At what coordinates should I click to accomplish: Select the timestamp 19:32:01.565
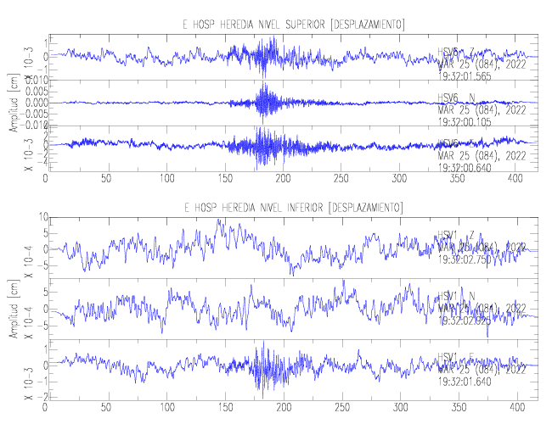[x=465, y=75]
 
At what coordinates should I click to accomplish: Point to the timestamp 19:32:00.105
[x=465, y=121]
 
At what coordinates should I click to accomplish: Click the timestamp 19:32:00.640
[x=465, y=167]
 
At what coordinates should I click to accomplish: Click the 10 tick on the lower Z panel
[x=37, y=218]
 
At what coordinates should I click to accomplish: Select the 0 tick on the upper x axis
[x=46, y=179]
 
